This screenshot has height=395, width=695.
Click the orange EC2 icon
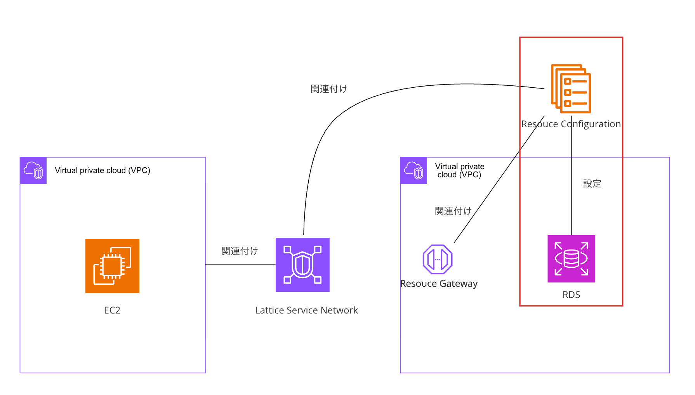pos(112,266)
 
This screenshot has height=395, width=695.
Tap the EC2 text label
pos(112,310)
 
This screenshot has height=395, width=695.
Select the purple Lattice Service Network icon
pos(302,265)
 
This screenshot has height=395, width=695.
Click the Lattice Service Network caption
pos(306,310)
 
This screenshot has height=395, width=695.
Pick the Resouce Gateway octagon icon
pos(438,259)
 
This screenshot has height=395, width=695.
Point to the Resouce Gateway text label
pos(439,284)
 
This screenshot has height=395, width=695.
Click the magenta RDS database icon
pos(571,259)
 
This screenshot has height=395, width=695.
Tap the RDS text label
pos(571,295)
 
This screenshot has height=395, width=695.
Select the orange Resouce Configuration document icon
pos(571,88)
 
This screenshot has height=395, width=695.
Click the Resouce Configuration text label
pos(571,124)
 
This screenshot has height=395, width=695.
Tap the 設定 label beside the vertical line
pos(592,184)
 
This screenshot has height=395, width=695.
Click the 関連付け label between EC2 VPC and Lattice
pos(240,251)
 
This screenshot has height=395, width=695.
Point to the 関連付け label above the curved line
pos(329,89)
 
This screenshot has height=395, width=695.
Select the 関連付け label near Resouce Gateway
pos(453,211)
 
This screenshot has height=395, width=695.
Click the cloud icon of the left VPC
pos(33,170)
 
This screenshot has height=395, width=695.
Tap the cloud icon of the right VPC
pos(414,170)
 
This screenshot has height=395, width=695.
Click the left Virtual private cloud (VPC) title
pos(103,170)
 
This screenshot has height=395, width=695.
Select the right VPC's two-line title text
pos(460,171)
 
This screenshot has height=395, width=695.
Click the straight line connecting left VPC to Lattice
pos(240,265)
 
